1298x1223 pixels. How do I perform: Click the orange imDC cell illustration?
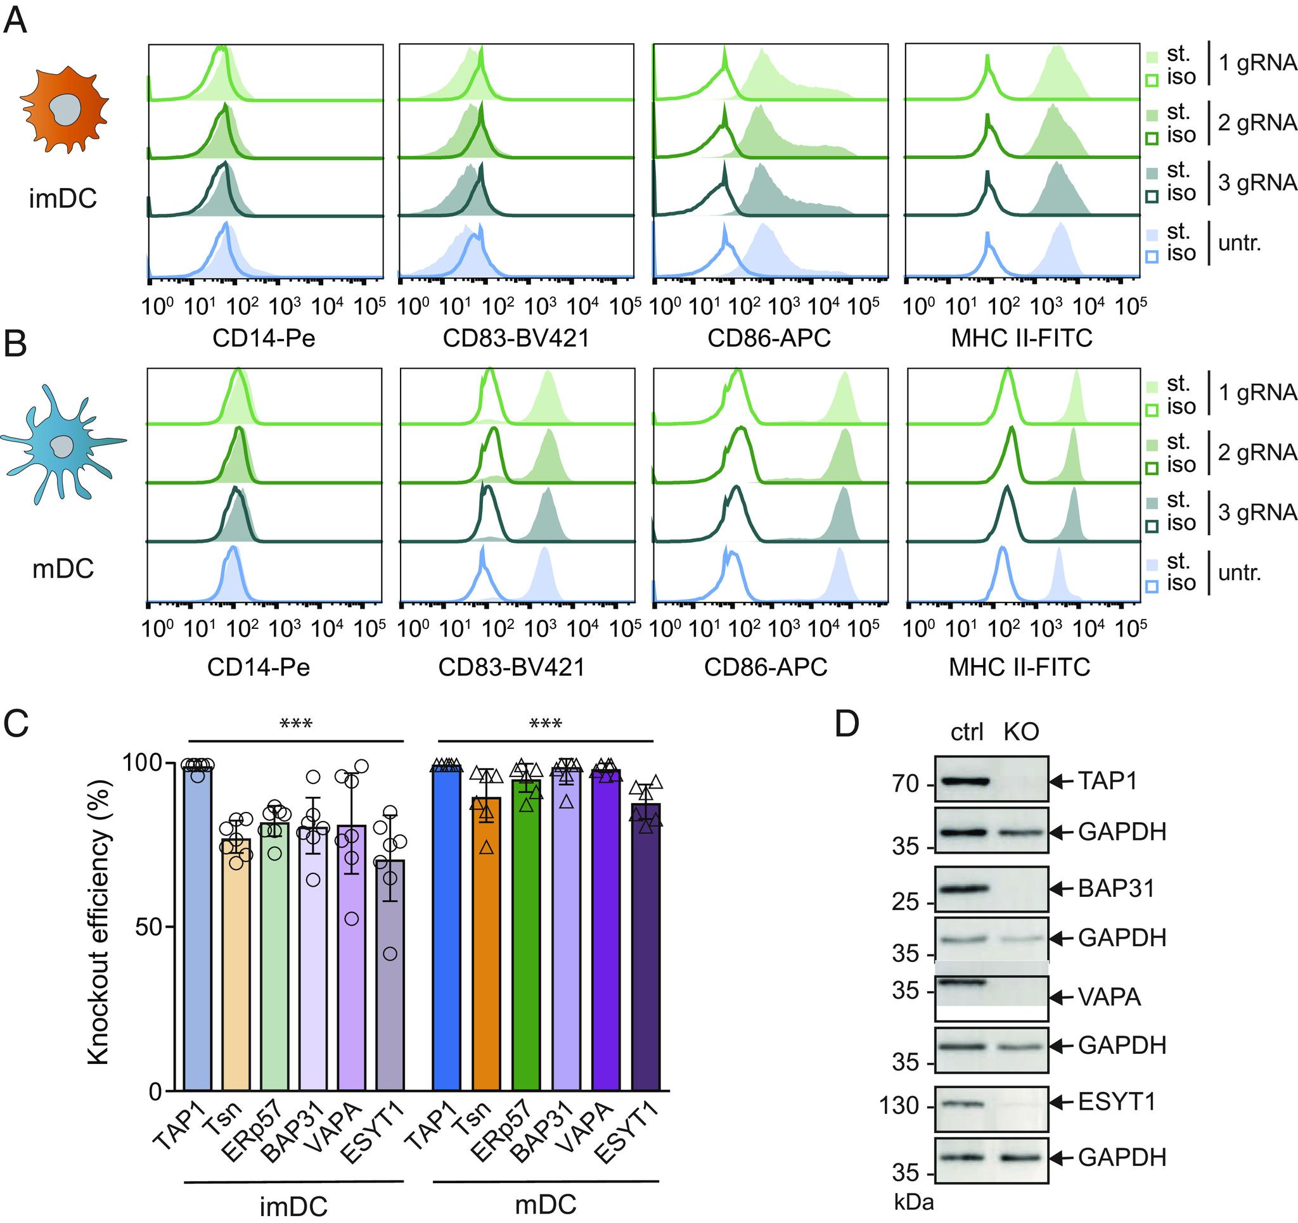point(64,111)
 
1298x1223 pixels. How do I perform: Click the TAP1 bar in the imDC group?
point(197,927)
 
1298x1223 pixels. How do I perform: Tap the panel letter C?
point(16,723)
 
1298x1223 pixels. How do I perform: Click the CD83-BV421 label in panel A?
point(516,338)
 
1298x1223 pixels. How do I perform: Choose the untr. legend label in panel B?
point(1239,573)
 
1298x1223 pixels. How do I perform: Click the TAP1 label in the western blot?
point(1107,780)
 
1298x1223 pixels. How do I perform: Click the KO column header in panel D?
point(1020,732)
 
